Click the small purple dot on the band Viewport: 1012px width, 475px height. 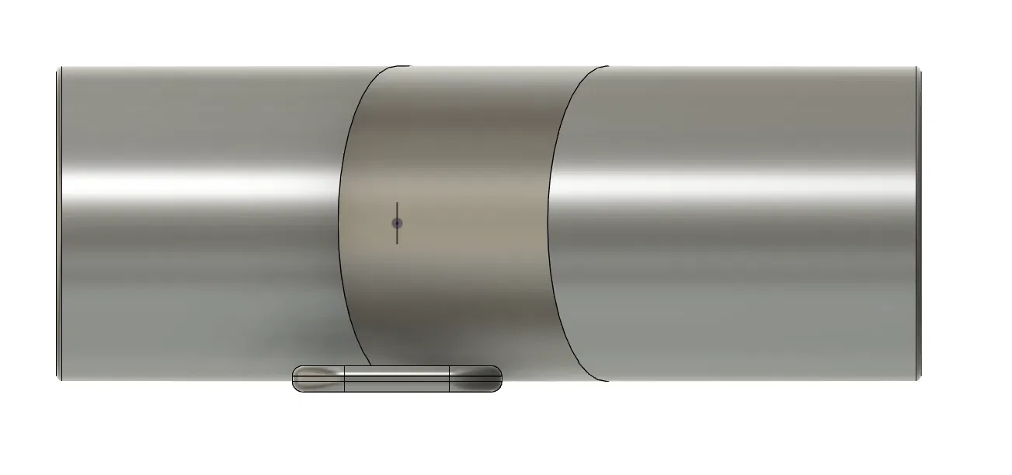tap(397, 223)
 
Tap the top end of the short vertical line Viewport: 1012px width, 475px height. tap(397, 204)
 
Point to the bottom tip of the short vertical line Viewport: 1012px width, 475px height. tap(397, 243)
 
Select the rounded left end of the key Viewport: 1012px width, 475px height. tap(298, 379)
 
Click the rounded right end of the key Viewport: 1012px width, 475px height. tap(496, 379)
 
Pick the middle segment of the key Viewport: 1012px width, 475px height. tap(397, 379)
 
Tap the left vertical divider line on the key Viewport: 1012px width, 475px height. tap(345, 379)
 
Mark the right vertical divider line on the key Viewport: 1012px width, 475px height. tap(450, 379)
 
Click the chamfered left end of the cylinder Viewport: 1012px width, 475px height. tap(59, 223)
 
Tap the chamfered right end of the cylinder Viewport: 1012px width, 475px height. tap(919, 223)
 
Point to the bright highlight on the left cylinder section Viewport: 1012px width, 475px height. tap(194, 183)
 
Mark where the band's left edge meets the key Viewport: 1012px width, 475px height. tap(370, 365)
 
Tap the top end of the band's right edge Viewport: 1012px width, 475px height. tap(607, 67)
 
